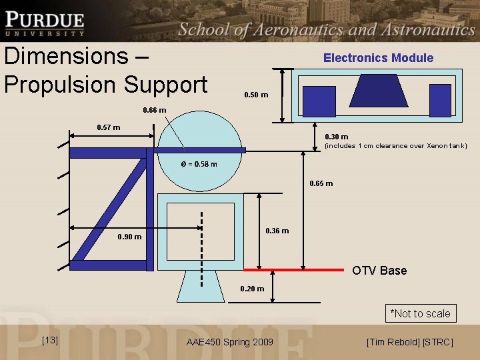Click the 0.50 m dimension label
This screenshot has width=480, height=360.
click(256, 95)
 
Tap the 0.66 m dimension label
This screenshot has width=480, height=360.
click(155, 111)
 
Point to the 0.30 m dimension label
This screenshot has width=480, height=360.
click(336, 137)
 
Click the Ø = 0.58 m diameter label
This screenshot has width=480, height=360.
click(199, 165)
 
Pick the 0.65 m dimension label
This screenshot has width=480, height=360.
click(321, 183)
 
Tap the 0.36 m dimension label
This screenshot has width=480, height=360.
click(277, 231)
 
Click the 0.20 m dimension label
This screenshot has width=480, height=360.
click(252, 289)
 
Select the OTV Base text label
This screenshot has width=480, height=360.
click(379, 271)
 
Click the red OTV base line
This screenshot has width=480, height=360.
click(293, 270)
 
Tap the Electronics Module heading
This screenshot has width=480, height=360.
click(378, 58)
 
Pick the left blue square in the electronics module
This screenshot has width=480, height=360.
click(319, 101)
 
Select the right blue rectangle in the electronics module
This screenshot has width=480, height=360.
click(440, 101)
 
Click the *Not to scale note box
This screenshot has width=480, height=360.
click(420, 313)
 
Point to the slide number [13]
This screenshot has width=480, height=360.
click(49, 341)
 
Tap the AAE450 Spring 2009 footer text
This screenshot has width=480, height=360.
click(229, 343)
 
